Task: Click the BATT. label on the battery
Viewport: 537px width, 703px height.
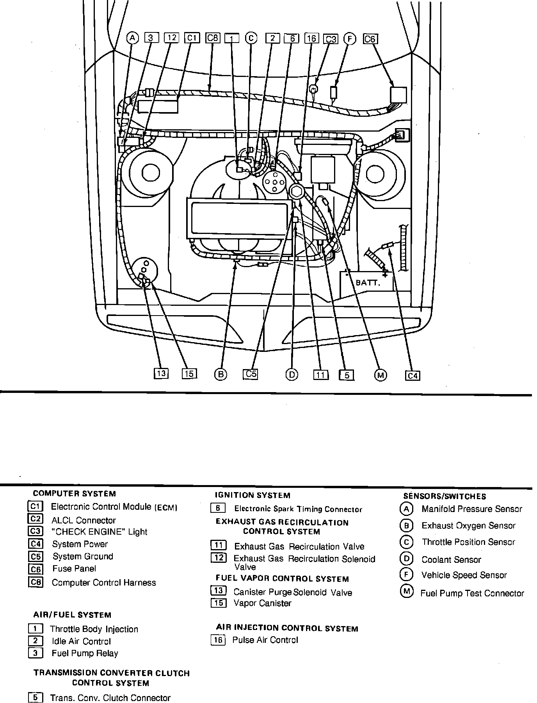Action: pos(368,282)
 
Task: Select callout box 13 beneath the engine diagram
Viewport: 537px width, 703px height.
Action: pos(161,374)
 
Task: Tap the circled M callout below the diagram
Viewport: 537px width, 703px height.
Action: pos(380,375)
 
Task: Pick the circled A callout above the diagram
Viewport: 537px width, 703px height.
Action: pos(133,38)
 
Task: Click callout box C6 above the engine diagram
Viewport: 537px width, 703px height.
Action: pos(370,39)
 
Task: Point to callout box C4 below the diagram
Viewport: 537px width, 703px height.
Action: pos(413,376)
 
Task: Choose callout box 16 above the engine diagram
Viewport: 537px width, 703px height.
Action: pos(311,38)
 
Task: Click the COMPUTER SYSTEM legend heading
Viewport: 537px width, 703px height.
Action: pos(74,494)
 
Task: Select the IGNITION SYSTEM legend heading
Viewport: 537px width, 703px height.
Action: pos(252,495)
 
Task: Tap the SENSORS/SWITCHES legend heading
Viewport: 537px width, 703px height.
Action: pos(445,496)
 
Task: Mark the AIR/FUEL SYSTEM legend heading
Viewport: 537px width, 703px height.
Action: pos(72,615)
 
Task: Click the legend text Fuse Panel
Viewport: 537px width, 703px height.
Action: pos(74,569)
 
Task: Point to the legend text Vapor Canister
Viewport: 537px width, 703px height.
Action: pos(262,603)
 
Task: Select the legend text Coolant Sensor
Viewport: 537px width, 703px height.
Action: pos(451,560)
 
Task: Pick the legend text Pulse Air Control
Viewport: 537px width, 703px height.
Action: pos(265,640)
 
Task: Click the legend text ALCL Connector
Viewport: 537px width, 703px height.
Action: pos(84,520)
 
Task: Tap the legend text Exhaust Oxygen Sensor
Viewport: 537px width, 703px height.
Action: pos(468,526)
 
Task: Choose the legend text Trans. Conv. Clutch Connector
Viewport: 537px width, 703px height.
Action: pos(110,698)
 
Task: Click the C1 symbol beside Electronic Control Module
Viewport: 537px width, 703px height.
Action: pos(35,507)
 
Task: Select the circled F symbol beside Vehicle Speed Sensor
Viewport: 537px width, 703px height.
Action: pos(406,575)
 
